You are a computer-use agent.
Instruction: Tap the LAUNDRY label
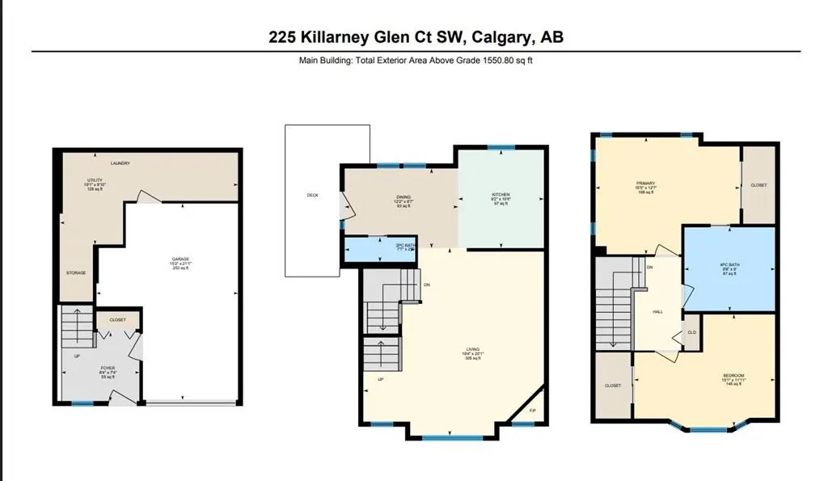[120, 163]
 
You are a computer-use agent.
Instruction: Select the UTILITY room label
[96, 180]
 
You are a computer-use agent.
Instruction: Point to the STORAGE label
[76, 272]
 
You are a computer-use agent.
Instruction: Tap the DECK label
[313, 195]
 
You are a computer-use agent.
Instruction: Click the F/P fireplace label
[532, 411]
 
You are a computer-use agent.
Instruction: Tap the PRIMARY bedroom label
[645, 183]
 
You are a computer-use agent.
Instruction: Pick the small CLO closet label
[691, 332]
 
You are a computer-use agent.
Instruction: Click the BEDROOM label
[733, 375]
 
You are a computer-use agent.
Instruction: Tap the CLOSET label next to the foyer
[117, 320]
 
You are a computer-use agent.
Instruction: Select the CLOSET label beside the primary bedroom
[758, 185]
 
